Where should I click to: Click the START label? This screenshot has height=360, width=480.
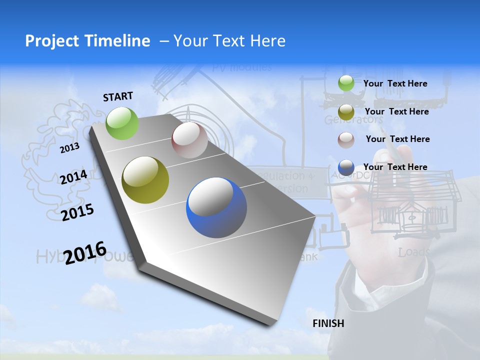[x=118, y=96]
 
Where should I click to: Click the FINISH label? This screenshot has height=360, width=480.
[x=328, y=323]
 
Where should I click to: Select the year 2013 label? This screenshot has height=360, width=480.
[x=69, y=147]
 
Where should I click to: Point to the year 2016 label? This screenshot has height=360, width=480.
[x=85, y=252]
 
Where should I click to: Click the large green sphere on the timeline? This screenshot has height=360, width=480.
[x=122, y=123]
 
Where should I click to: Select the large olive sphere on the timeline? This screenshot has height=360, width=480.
[x=145, y=180]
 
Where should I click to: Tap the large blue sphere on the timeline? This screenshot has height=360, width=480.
[x=216, y=207]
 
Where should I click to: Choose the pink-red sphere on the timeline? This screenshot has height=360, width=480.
[x=189, y=140]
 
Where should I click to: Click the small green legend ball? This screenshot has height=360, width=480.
[x=346, y=83]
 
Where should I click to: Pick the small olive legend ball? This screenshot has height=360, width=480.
[x=346, y=111]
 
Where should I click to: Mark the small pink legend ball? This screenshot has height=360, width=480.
[x=346, y=139]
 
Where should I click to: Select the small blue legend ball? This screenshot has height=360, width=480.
[x=346, y=167]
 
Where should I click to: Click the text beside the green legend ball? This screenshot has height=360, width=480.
[x=395, y=84]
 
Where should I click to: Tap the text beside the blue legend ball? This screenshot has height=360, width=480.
[x=395, y=167]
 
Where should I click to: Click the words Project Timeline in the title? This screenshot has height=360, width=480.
[x=87, y=41]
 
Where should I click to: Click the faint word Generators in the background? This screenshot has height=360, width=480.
[x=353, y=120]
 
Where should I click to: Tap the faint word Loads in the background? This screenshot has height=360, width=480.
[x=414, y=252]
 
